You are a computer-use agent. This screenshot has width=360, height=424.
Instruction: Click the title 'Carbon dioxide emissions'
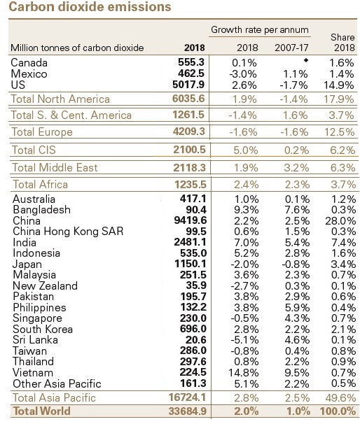[90, 6]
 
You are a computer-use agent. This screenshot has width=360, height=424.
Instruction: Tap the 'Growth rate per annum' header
[260, 29]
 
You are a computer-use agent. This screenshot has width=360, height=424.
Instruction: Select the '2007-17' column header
[291, 48]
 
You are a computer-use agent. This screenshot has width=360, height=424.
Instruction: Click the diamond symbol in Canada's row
[306, 60]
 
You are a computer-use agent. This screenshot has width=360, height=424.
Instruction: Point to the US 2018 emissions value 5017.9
[188, 85]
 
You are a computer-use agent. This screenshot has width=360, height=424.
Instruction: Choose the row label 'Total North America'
[60, 99]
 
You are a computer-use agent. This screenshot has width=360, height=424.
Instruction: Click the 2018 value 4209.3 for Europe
[189, 132]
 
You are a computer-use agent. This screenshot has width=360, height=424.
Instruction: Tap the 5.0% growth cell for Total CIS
[246, 150]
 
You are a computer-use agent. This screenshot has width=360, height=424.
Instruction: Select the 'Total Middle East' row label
[55, 168]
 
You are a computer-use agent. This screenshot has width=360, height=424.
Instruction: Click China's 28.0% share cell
[340, 221]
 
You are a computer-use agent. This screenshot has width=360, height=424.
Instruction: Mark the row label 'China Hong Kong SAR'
[68, 232]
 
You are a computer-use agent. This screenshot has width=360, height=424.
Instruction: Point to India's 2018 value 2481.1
[190, 242]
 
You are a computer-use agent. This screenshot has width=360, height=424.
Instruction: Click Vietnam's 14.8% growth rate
[243, 373]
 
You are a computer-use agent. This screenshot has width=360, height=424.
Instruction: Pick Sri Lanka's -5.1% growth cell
[244, 339]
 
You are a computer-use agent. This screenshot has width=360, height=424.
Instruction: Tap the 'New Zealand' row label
[46, 285]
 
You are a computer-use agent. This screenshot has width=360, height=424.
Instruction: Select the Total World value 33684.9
[188, 411]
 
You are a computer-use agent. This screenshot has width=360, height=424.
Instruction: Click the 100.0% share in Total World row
[338, 411]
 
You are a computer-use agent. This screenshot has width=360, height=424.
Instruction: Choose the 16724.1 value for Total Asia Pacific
[187, 397]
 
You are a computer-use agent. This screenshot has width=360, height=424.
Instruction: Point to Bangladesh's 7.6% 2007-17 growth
[297, 210]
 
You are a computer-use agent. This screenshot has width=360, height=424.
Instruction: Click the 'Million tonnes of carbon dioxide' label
[77, 48]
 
